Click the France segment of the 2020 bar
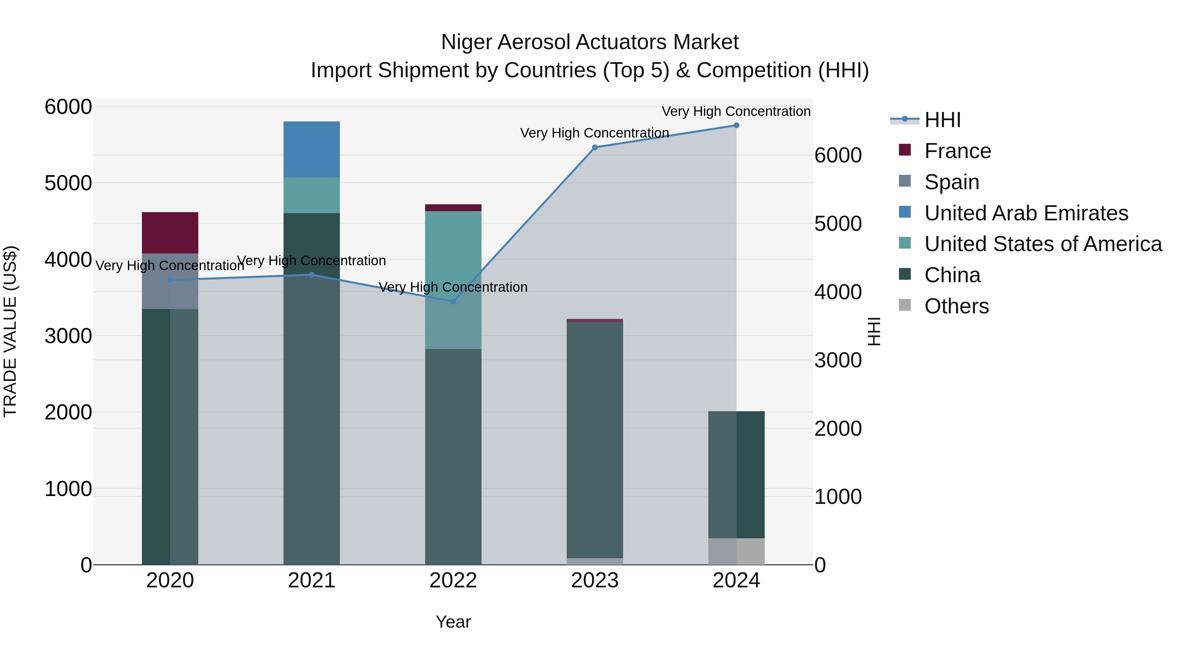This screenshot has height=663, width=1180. point(170,232)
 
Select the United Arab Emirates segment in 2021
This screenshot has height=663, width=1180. point(311,149)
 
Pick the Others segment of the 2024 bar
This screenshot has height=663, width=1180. point(736,551)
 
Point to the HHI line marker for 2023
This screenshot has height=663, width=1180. point(595,147)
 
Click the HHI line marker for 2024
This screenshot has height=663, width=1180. point(736,125)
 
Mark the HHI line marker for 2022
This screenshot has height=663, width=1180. point(453,302)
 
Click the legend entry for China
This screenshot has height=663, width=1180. point(952,275)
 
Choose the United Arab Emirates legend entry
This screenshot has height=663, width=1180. point(1026,213)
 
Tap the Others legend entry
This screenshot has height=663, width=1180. point(956,306)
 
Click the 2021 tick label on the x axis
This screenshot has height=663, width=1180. point(311,580)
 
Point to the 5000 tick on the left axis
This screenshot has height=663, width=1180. point(68,183)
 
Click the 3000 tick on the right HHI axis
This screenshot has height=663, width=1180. point(838,360)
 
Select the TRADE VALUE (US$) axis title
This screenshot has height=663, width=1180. point(10,331)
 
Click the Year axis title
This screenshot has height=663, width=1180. point(453,622)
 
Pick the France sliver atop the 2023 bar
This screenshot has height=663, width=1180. point(595,320)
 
